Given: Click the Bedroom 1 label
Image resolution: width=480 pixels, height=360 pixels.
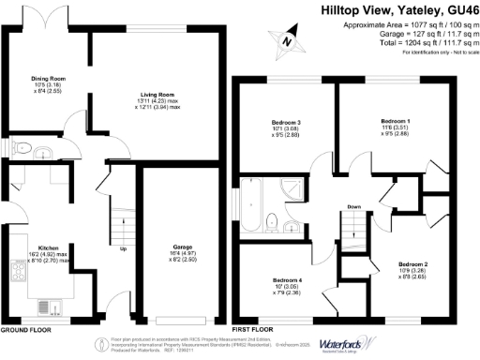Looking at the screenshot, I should point(394,122).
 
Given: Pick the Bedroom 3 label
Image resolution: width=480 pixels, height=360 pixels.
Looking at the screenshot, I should point(286,122).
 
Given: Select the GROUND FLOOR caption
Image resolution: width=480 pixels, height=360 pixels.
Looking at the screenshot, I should point(25,330).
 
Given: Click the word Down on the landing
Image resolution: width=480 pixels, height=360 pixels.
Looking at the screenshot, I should point(353,206).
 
